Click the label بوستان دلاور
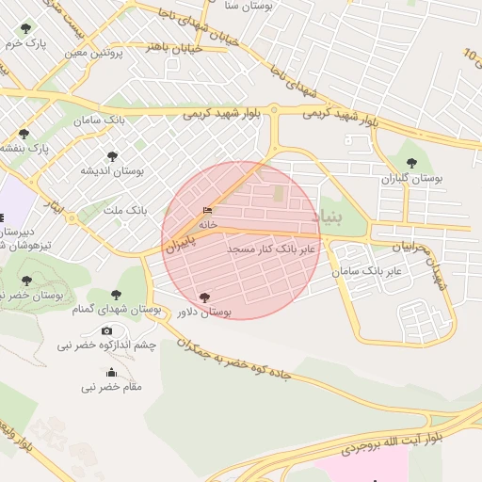point(202,311)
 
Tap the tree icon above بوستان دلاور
point(205,297)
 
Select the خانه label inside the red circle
point(208,224)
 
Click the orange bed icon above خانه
point(208,210)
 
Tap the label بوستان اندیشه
point(111,170)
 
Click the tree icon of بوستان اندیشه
point(112,156)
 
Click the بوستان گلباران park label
point(411,177)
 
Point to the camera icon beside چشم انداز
point(106,331)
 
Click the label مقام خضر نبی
point(111,386)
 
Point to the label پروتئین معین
point(95,53)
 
